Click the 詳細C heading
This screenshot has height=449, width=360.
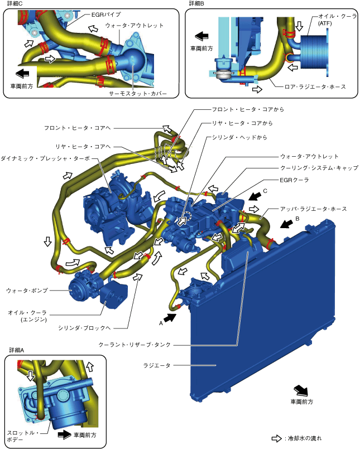point(15,3)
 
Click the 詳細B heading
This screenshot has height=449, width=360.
point(196,3)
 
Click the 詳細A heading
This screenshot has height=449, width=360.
point(17,350)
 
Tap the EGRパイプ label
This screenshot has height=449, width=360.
point(106,15)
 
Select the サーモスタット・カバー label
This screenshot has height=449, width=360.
point(138,93)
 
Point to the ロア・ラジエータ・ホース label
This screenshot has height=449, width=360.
point(315,86)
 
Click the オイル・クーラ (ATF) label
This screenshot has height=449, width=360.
point(337,20)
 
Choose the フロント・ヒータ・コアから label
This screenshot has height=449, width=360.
point(248,109)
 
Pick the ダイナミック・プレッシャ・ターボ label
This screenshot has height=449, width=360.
point(45,158)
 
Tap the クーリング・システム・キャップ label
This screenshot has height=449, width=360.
point(319,168)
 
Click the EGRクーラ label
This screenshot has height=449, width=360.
point(294,180)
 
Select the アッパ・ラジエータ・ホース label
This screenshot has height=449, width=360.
point(314,209)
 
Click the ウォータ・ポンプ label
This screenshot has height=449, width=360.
point(27,291)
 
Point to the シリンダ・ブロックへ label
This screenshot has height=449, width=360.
point(84,328)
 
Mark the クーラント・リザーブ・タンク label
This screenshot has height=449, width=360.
point(135,345)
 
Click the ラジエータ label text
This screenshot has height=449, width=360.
point(157,365)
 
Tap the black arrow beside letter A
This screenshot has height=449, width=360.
point(170,317)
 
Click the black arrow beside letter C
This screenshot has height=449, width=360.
point(255,196)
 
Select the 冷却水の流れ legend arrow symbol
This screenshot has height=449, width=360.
point(277,438)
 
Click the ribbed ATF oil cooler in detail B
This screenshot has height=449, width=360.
point(314,56)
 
